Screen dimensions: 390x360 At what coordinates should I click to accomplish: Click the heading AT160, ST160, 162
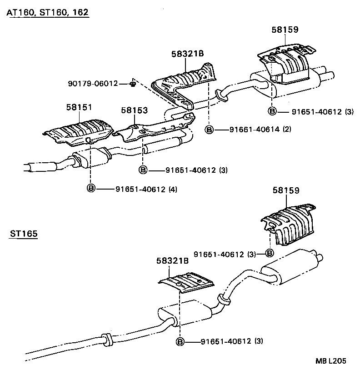click(47, 13)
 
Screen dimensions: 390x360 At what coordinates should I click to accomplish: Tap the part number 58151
click(79, 107)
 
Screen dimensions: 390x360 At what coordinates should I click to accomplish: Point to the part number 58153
click(135, 110)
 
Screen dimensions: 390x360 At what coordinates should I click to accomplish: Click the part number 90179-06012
click(93, 84)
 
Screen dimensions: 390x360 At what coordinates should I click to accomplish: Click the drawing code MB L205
click(331, 361)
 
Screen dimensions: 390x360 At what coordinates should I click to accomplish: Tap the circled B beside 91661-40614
click(209, 130)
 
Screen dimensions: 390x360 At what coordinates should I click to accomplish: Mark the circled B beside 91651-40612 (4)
click(91, 189)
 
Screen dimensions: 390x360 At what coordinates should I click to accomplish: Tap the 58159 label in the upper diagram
click(285, 30)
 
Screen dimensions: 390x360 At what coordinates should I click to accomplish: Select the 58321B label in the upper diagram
click(187, 54)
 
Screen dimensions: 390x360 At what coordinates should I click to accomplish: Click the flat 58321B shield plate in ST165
click(185, 283)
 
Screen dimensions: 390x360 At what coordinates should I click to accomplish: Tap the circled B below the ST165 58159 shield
click(269, 253)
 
